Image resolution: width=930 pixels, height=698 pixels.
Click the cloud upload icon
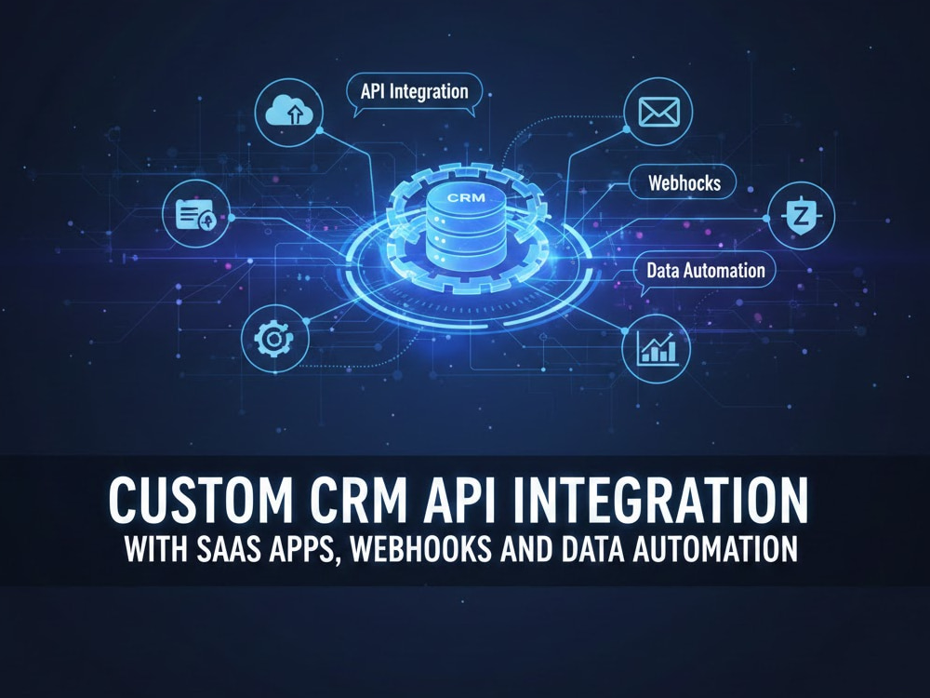click(289, 112)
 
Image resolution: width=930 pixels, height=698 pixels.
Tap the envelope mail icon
click(658, 112)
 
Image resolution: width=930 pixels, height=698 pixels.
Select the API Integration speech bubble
click(414, 94)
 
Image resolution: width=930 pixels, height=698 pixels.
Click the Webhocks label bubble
click(684, 182)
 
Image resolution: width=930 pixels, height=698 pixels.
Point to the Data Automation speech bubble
click(705, 272)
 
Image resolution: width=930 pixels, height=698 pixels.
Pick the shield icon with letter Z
click(801, 216)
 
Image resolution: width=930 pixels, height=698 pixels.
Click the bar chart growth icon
click(656, 348)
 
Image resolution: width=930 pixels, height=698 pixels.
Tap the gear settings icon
click(274, 339)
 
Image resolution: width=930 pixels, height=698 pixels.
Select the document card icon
click(196, 214)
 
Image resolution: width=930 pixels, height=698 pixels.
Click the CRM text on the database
click(466, 197)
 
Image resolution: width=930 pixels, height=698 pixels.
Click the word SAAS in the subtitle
click(227, 549)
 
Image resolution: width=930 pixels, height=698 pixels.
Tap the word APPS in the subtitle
click(303, 550)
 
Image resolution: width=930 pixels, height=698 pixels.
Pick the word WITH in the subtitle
click(155, 549)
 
